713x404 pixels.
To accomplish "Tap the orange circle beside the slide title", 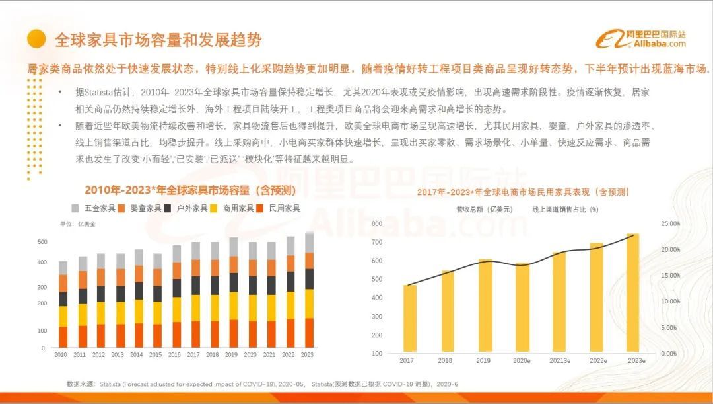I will tap(36, 39).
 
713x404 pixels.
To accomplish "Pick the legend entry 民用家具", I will tap(281, 208).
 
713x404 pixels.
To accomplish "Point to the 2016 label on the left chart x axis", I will tap(176, 355).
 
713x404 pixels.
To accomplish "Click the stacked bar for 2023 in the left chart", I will tap(309, 291).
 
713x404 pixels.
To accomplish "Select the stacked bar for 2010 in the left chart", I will tap(63, 305).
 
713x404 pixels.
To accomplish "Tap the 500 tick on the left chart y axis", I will tap(42, 242).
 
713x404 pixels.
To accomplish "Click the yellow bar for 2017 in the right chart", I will tap(410, 319).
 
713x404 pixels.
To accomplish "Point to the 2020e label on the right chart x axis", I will tap(522, 360).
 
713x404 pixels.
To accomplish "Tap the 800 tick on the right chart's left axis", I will tap(377, 223).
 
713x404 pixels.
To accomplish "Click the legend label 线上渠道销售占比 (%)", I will tap(565, 210).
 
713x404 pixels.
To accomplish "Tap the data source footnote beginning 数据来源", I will tap(262, 384).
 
